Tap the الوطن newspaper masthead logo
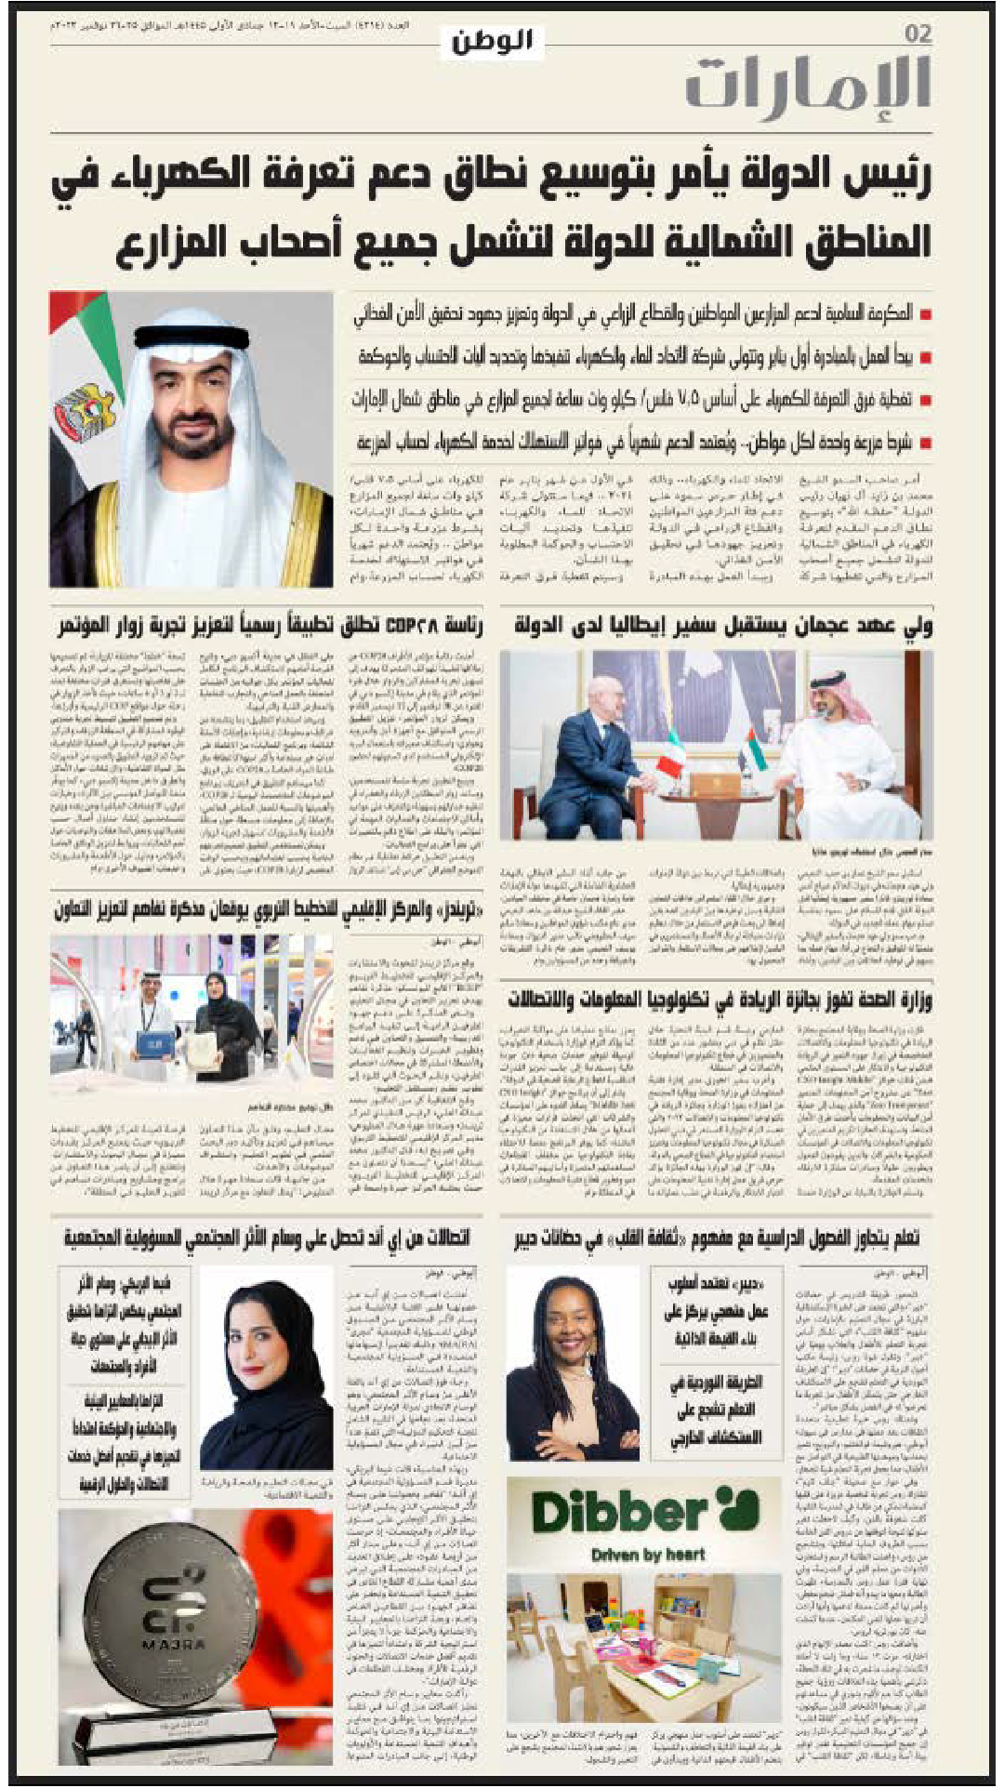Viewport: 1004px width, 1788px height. click(x=492, y=41)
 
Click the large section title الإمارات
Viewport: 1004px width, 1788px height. click(x=808, y=85)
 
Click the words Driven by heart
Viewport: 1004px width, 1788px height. click(x=648, y=1554)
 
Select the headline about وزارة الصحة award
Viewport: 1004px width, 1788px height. click(x=720, y=1001)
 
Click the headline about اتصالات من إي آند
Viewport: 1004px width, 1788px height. click(x=267, y=1238)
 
